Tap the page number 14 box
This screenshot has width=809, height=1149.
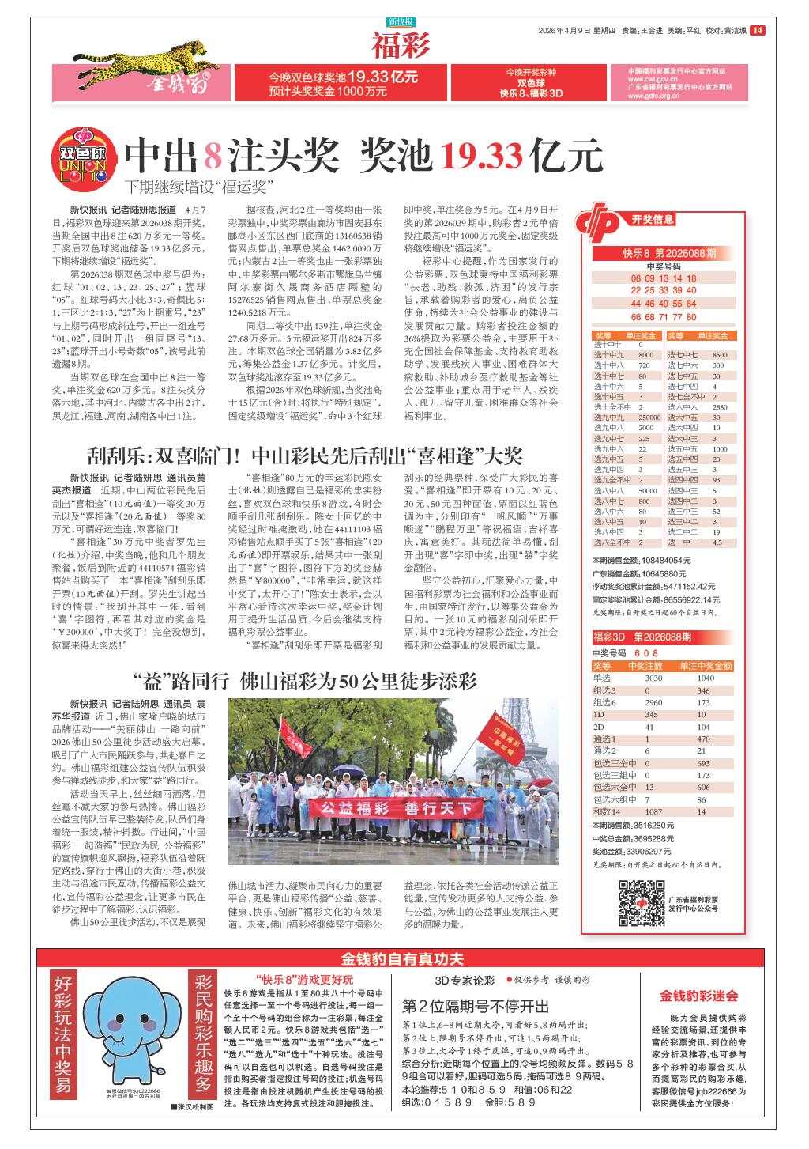[x=758, y=31]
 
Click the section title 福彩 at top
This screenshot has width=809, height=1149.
[x=401, y=46]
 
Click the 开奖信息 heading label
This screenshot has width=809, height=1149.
[x=653, y=219]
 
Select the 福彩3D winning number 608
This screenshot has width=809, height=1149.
[x=645, y=653]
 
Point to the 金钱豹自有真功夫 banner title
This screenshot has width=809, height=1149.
[x=402, y=959]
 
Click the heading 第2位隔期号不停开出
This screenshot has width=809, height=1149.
[x=475, y=1006]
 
